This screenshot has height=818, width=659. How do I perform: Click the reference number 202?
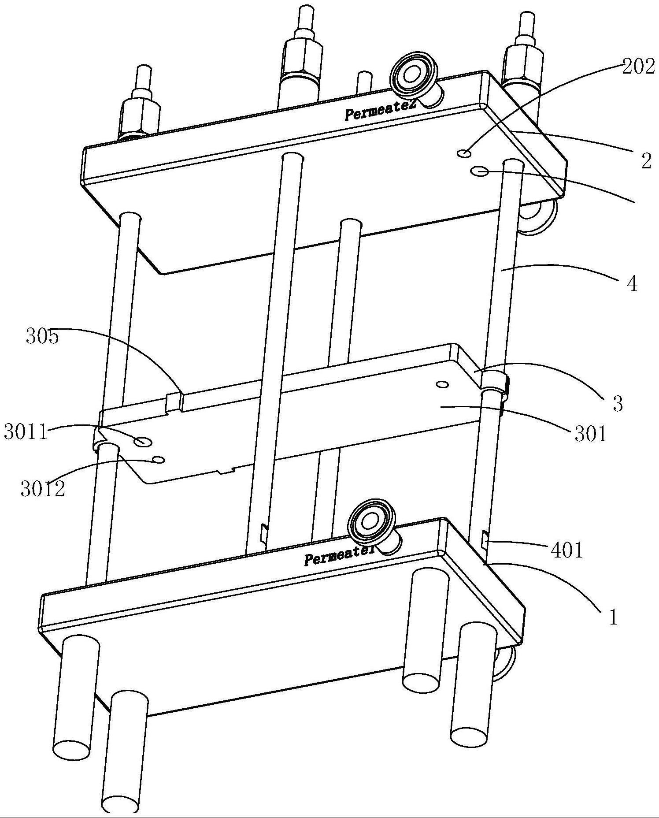[x=638, y=67]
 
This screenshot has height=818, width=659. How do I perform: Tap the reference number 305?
[x=42, y=337]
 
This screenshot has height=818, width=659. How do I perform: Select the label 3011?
[x=26, y=432]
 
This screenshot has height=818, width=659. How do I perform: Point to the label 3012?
[x=43, y=489]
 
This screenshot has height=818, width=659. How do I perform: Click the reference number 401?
[x=566, y=550]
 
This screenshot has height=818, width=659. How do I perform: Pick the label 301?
[x=591, y=434]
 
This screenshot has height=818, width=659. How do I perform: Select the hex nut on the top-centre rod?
[x=302, y=58]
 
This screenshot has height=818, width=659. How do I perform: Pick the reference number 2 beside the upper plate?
[x=646, y=161]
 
